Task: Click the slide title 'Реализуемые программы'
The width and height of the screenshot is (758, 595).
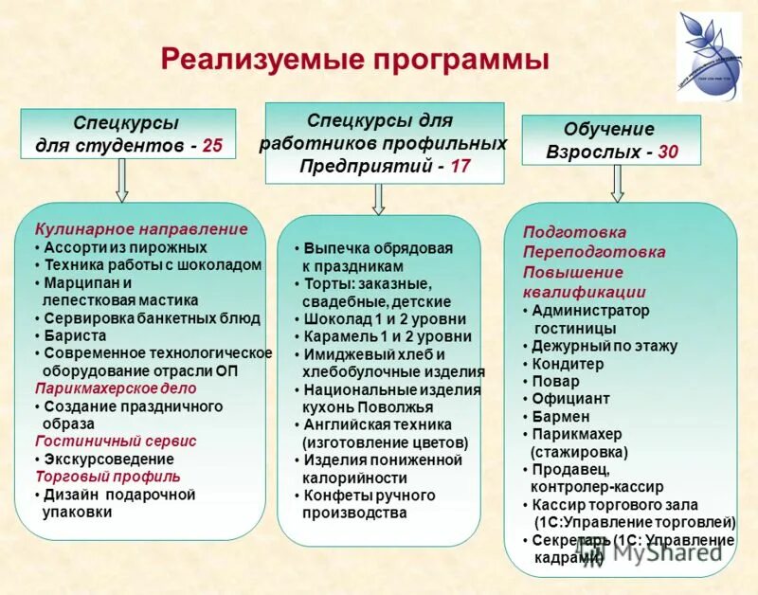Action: click(354, 60)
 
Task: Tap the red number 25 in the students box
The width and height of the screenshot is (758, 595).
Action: click(213, 146)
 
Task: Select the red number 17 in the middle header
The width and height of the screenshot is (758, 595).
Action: click(460, 166)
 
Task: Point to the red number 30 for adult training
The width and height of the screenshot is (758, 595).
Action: click(667, 152)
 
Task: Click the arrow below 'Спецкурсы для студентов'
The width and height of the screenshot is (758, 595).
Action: click(121, 180)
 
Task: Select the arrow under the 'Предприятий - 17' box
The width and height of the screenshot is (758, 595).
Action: click(378, 198)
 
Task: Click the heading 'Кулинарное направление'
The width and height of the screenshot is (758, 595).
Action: click(141, 228)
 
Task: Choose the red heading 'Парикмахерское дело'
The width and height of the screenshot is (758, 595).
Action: click(116, 388)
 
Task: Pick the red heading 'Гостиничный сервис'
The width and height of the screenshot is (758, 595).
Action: click(116, 441)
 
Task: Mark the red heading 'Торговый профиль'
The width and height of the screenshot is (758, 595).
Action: click(107, 477)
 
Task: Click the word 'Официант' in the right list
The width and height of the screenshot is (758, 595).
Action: click(570, 399)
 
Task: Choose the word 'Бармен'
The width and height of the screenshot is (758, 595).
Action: click(561, 416)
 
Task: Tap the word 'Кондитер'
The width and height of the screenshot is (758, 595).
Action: click(568, 364)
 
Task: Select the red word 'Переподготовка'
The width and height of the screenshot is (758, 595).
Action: click(594, 252)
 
